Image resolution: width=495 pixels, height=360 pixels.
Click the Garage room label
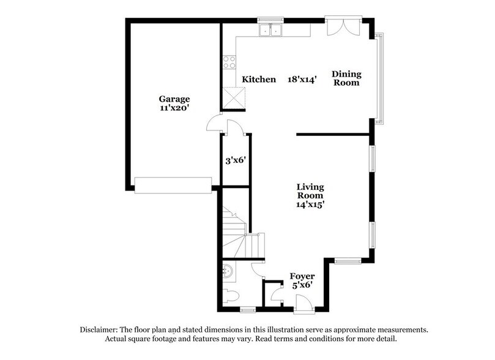[174, 99]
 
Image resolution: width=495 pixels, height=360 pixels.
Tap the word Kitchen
[259, 80]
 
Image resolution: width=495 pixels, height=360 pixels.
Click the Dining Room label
[346, 78]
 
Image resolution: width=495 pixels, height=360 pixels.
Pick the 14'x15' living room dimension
[310, 205]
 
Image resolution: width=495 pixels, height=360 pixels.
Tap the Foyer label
[302, 276]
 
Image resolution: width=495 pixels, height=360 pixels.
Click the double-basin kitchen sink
[270, 30]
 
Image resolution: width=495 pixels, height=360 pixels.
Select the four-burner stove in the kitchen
[229, 61]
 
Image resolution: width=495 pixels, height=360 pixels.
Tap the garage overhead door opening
[173, 185]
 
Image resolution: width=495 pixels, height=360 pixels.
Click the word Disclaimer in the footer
[100, 329]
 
